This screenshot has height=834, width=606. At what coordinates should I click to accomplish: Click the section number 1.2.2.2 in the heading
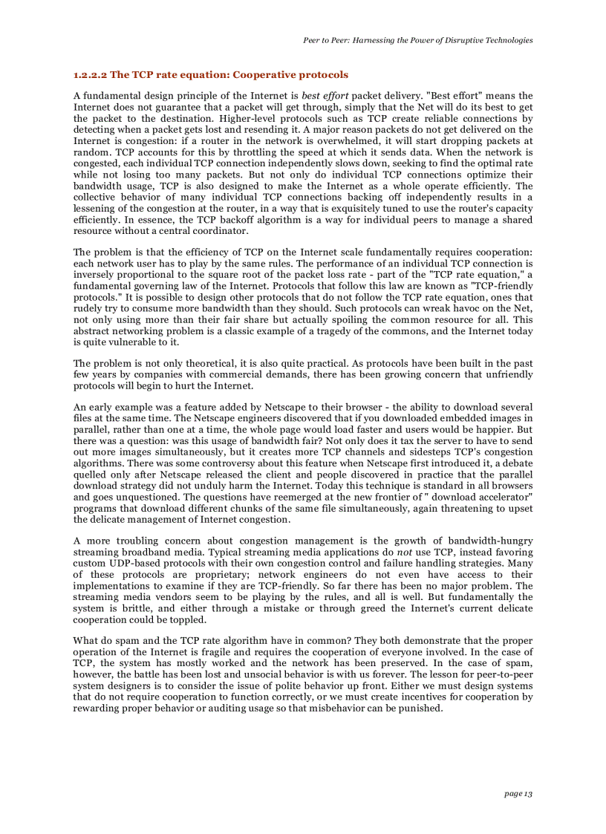(90, 75)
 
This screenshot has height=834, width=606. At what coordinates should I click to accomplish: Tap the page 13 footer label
(518, 794)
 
